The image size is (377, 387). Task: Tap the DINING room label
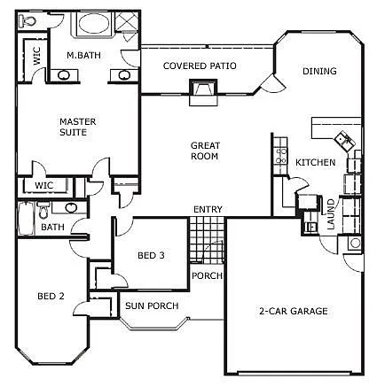[x=318, y=72]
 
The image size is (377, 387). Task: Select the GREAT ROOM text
[x=204, y=151]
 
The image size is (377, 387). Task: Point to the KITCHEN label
[x=315, y=162]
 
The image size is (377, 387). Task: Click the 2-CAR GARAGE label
[x=294, y=311]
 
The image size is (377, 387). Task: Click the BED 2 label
[x=51, y=296]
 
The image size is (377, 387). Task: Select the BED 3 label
[x=150, y=256]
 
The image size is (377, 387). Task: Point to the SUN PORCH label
[x=152, y=306]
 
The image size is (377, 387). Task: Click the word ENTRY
[x=208, y=210]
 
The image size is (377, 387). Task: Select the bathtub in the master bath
[x=91, y=23]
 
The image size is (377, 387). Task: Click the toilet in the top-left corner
[x=30, y=20]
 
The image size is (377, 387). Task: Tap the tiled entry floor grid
[x=205, y=239]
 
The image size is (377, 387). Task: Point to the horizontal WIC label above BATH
[x=44, y=186]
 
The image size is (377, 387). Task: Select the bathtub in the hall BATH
[x=27, y=214]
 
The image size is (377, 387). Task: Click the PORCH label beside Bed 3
[x=206, y=275]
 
